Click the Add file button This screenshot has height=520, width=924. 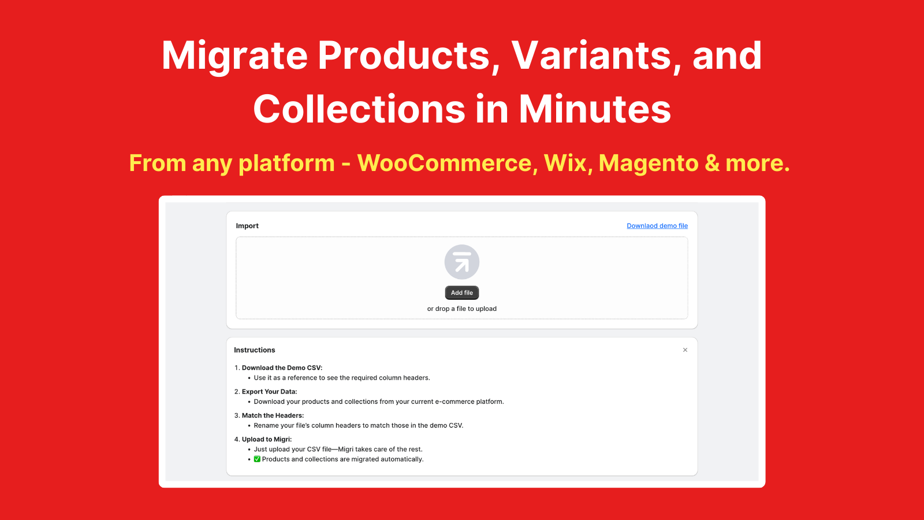tap(461, 292)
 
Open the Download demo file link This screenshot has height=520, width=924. tap(657, 226)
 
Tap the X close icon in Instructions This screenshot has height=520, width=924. tap(685, 350)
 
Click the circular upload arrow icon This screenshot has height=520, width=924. tap(461, 262)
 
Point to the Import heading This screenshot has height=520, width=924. tap(247, 226)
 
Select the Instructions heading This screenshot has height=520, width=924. tap(255, 350)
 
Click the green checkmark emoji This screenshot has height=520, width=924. tap(257, 459)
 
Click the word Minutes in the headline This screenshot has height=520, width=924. tap(594, 109)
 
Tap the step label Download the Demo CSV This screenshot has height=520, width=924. tap(282, 367)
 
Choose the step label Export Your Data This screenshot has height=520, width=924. tap(269, 392)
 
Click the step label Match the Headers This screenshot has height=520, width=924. tap(273, 415)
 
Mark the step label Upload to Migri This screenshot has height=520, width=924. tap(266, 439)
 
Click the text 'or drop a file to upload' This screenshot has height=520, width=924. tap(461, 309)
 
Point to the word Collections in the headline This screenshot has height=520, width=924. tap(359, 109)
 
